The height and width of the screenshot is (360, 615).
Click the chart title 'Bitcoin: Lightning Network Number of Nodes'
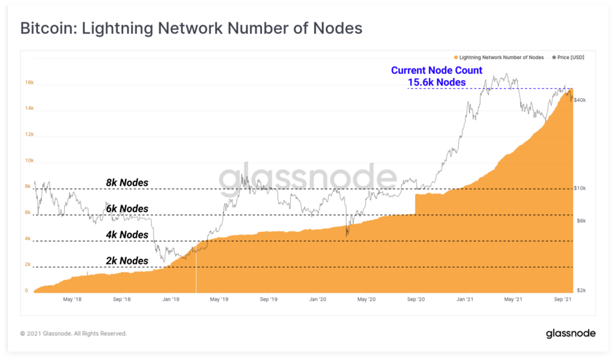point(191,28)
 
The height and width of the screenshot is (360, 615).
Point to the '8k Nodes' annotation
point(127,183)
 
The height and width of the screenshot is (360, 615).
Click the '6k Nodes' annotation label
point(127,209)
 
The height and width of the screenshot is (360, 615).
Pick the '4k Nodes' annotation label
point(127,234)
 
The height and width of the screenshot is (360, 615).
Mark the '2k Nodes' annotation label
point(127,260)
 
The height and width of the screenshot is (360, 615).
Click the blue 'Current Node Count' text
point(437,70)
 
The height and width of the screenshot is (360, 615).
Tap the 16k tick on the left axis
point(28,83)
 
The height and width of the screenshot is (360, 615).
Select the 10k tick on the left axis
point(28,160)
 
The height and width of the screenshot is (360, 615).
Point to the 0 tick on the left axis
point(26,290)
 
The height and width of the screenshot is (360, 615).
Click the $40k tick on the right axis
point(580,100)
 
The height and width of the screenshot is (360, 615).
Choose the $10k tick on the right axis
point(580,188)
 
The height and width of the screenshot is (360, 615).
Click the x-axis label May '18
point(71,299)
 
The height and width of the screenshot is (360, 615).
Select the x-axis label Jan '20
point(317,299)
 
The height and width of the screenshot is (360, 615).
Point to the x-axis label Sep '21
point(562,299)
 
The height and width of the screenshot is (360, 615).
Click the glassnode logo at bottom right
point(570,333)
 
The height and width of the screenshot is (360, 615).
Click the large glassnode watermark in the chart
point(307,178)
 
